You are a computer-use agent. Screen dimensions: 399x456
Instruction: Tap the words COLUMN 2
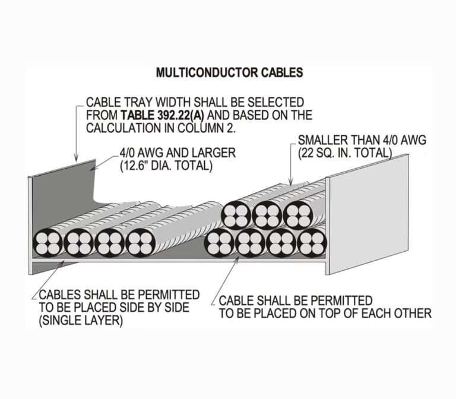(199, 127)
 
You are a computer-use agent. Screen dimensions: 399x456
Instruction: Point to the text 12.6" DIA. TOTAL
(167, 166)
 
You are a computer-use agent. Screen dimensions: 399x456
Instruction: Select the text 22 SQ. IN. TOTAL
(345, 153)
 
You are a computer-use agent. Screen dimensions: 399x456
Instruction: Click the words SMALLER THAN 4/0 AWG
(361, 140)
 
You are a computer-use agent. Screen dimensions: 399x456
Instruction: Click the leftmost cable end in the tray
(48, 242)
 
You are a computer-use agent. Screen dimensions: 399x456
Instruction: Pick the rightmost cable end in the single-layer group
(141, 243)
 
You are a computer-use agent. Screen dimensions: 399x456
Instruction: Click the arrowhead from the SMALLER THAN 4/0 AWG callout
(290, 183)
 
